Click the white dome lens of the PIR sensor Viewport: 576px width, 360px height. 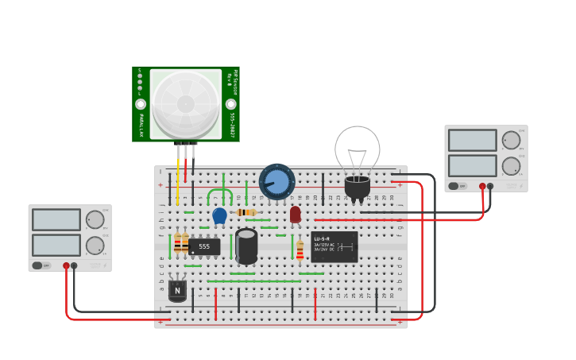click(x=185, y=103)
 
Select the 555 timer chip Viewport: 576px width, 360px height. click(x=204, y=247)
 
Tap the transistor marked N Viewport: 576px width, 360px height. click(x=177, y=291)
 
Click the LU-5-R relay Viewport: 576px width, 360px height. click(x=334, y=246)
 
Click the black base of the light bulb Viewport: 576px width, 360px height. click(x=358, y=188)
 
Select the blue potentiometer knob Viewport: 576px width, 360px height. click(x=276, y=182)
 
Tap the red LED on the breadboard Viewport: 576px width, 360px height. click(x=296, y=214)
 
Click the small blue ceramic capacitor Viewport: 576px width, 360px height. click(x=219, y=215)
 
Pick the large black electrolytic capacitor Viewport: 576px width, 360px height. click(x=246, y=246)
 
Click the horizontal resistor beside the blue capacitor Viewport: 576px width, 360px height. click(x=246, y=212)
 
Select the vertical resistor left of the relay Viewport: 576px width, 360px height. click(x=300, y=250)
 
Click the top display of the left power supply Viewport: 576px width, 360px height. click(x=56, y=219)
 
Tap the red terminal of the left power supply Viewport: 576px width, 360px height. click(x=66, y=266)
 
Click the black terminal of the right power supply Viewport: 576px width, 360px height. click(x=490, y=186)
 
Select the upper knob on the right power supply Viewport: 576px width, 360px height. click(x=511, y=141)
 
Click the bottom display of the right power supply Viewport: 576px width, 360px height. click(x=472, y=165)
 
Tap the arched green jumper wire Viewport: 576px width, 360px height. click(x=220, y=192)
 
